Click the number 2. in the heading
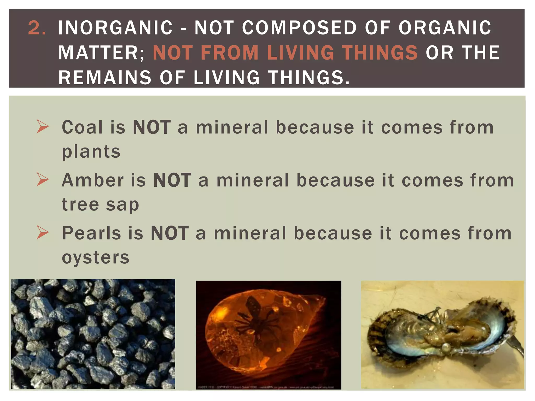(37, 28)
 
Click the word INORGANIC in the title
(115, 28)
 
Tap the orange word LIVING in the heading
(300, 52)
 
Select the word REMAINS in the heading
(105, 78)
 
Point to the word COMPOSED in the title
(299, 28)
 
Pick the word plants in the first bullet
(91, 152)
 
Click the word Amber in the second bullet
(93, 180)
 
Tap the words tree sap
(100, 205)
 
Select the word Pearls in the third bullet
(91, 233)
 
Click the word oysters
(96, 257)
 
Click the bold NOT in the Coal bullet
(152, 127)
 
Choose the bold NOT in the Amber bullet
(172, 180)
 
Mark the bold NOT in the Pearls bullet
(170, 233)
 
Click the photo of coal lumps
(93, 334)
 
